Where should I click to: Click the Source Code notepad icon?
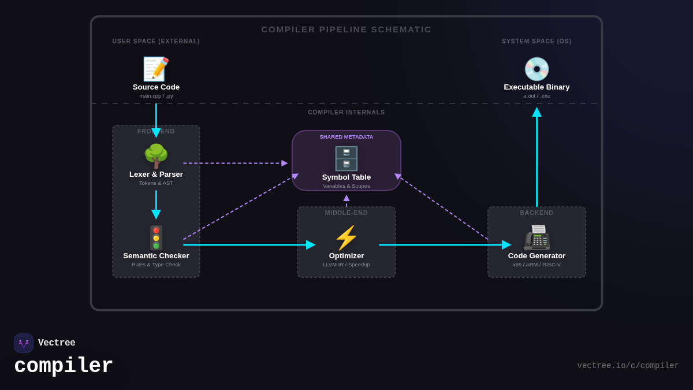156,69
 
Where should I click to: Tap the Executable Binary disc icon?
536,69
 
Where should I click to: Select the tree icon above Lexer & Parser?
156,156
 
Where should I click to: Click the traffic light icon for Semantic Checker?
156,237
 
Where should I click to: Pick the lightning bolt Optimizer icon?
346,237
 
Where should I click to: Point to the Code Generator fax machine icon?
536,237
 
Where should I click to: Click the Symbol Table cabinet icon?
346,158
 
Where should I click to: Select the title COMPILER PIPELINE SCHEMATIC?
346,29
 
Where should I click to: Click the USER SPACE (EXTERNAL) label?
156,42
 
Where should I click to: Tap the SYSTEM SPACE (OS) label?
536,42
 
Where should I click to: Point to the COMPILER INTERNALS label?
346,113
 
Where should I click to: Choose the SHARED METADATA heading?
346,137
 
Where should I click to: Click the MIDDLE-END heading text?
346,213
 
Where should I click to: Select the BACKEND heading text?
536,213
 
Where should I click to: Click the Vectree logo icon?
24,343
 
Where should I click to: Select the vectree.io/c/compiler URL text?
628,366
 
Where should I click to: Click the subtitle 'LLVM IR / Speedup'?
346,265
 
